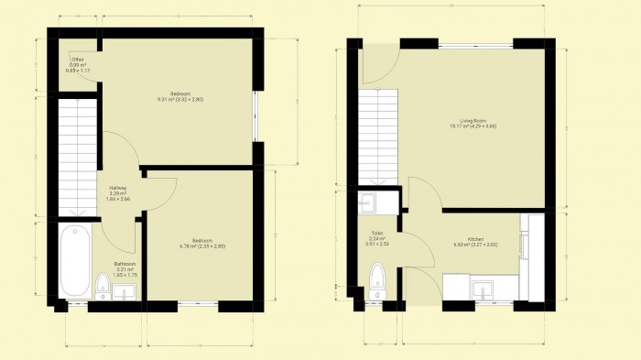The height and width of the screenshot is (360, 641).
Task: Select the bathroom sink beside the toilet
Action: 126,292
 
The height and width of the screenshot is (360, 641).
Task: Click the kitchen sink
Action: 483,291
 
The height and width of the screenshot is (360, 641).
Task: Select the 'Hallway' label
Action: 118,189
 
